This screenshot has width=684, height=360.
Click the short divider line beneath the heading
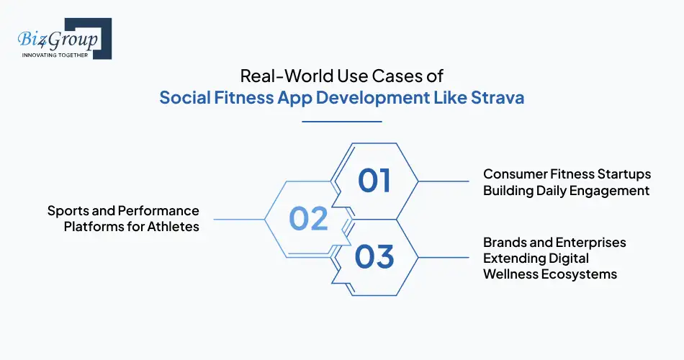(341, 122)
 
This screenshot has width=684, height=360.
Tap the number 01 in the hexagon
(374, 180)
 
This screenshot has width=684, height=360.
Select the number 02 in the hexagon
(308, 219)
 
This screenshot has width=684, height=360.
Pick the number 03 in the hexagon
(374, 257)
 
